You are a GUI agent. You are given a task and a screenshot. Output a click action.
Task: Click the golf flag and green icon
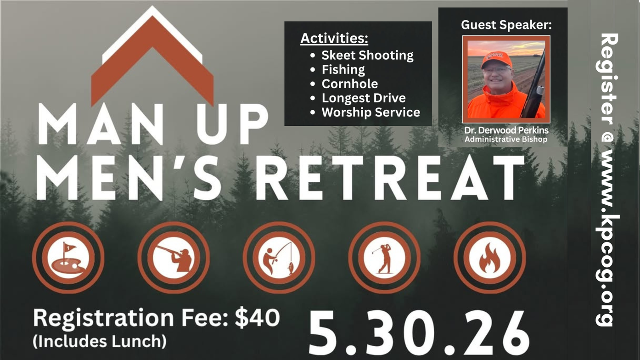68,258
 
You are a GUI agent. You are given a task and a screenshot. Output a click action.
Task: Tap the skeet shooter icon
174,258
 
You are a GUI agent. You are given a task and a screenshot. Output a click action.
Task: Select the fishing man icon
279,258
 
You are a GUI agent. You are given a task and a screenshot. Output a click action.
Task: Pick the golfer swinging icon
384,258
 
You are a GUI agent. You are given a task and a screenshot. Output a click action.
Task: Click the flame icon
490,258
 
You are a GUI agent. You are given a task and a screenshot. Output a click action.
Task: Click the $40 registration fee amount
257,318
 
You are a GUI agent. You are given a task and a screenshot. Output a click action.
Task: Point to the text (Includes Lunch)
100,341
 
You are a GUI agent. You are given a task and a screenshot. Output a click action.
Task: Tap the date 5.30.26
419,333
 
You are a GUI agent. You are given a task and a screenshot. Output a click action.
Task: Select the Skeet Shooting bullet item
367,55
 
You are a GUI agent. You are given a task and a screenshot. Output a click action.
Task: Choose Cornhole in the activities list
350,84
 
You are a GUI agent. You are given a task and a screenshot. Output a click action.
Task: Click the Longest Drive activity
364,98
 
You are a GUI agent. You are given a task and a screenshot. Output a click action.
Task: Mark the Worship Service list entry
371,112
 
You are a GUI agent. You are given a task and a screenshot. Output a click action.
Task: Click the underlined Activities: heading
334,38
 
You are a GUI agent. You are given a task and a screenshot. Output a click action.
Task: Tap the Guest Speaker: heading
506,25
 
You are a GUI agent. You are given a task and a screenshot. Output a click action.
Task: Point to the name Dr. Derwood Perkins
506,130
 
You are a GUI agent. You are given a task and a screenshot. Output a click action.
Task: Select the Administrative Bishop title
506,140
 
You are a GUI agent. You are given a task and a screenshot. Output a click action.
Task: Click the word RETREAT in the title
390,178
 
